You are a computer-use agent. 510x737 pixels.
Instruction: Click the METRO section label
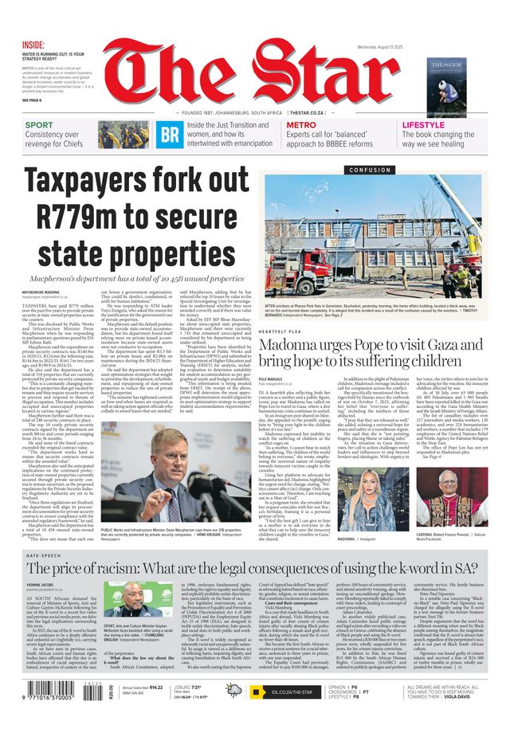click(x=301, y=125)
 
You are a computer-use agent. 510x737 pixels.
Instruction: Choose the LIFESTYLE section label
click(x=423, y=125)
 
